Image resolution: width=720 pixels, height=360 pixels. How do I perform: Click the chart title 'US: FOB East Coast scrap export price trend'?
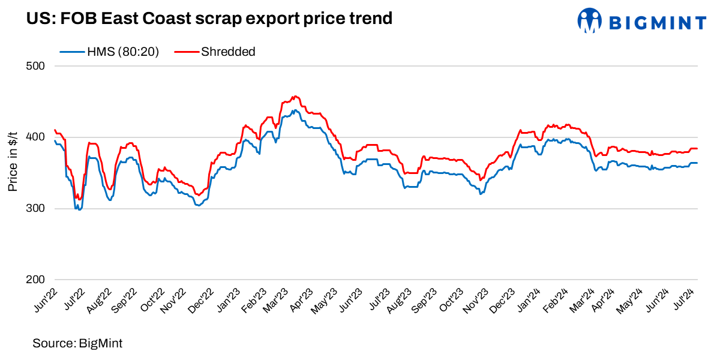coord(209,19)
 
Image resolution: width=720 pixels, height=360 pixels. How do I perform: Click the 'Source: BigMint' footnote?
coord(77,343)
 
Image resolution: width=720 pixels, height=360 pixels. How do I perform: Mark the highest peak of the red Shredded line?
coord(294,96)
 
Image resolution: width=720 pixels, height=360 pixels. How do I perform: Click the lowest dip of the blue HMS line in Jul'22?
coord(77,209)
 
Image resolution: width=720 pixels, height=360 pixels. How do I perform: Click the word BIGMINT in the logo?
coord(658,23)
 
